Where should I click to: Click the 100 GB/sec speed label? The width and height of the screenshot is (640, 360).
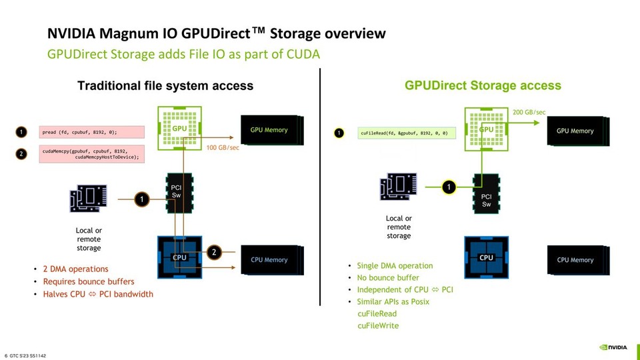[223, 147]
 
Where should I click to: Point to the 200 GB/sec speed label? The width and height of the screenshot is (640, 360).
[529, 112]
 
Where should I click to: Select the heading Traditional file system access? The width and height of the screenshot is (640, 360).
[165, 85]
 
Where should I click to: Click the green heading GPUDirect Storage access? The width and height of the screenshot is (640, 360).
[483, 85]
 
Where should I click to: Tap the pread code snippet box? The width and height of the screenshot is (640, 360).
[87, 132]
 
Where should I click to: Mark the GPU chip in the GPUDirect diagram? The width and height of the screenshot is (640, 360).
[486, 129]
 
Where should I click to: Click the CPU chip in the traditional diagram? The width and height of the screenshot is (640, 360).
[179, 257]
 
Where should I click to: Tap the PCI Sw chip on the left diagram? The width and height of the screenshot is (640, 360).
[177, 193]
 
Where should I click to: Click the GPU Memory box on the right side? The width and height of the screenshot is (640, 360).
[575, 131]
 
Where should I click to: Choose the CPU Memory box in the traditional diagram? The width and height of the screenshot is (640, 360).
[269, 260]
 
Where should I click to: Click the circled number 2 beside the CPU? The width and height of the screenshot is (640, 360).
[214, 252]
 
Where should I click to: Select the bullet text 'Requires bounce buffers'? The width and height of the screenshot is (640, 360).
[89, 281]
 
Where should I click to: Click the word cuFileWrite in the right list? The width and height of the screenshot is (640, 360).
[378, 325]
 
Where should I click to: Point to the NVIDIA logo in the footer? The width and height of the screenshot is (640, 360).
[613, 347]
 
